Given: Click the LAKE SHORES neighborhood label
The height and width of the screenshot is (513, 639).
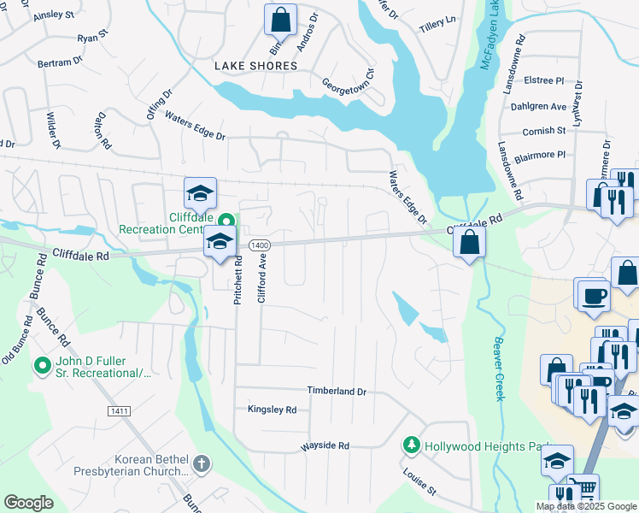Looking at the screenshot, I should point(255,66).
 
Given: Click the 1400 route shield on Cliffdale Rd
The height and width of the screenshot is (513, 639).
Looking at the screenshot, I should point(260,245).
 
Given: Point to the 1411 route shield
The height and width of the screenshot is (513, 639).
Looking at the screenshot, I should point(120,412).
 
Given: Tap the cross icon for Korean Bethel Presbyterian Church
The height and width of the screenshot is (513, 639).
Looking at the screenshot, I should point(201,464).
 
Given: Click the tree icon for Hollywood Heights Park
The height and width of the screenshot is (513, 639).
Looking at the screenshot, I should point(412,445).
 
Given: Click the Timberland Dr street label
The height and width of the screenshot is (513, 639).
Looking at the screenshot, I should point(337,391).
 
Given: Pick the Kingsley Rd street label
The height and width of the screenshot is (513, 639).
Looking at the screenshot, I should point(272,410).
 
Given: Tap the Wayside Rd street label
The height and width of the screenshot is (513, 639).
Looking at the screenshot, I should point(325,446).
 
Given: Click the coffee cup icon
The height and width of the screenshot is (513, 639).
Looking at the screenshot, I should point(592,296).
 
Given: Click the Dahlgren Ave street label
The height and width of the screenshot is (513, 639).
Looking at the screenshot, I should point(545,107).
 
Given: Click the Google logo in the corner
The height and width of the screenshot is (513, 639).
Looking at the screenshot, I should point(28,503).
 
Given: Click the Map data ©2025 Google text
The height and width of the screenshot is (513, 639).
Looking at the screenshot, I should point(586,506).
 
